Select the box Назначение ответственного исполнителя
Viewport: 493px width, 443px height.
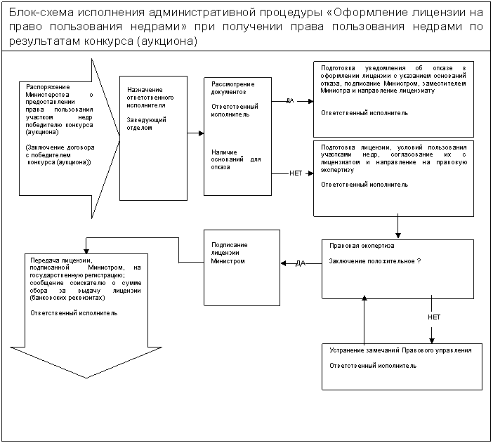(x=153, y=138)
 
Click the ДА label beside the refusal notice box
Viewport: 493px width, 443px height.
(x=289, y=100)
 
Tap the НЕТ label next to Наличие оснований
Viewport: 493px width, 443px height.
(x=296, y=173)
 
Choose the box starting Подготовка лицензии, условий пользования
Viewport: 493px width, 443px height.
(x=393, y=178)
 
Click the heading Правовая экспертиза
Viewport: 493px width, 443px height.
(x=362, y=246)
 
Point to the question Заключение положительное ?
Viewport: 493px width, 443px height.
(x=375, y=261)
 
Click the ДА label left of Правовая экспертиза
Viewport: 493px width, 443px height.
(x=300, y=263)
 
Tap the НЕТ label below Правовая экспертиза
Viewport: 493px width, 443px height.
(x=434, y=317)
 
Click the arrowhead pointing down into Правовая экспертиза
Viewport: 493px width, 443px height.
(x=398, y=235)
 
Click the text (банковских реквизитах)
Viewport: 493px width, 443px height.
(x=63, y=298)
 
